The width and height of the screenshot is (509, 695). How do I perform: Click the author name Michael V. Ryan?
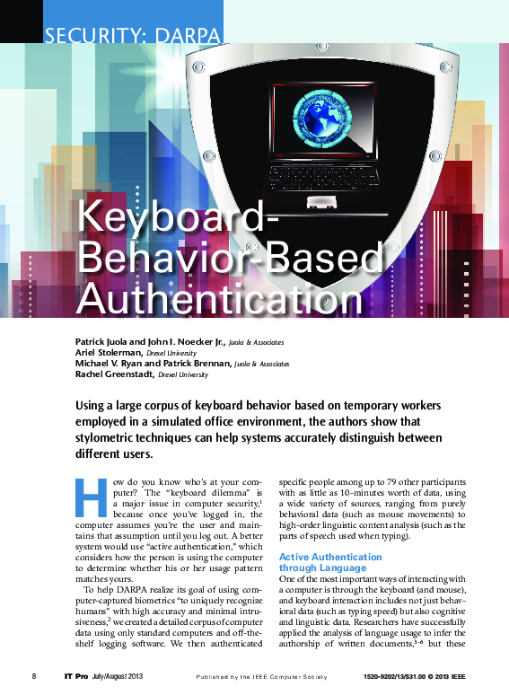110,364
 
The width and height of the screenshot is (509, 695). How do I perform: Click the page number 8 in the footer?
34,674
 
